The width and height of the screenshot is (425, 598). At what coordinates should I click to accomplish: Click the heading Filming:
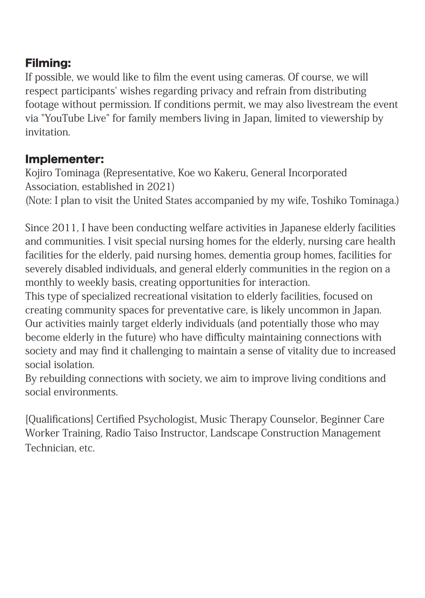[x=48, y=63]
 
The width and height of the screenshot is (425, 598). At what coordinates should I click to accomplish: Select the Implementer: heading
[x=64, y=159]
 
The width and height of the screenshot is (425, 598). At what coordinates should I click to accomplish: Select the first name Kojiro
[x=39, y=173]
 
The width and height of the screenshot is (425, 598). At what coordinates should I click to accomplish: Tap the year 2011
[x=65, y=228]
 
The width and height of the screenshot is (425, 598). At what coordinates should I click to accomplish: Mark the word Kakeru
[x=230, y=173]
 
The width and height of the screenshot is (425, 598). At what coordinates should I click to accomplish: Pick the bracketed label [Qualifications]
[x=59, y=420]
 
